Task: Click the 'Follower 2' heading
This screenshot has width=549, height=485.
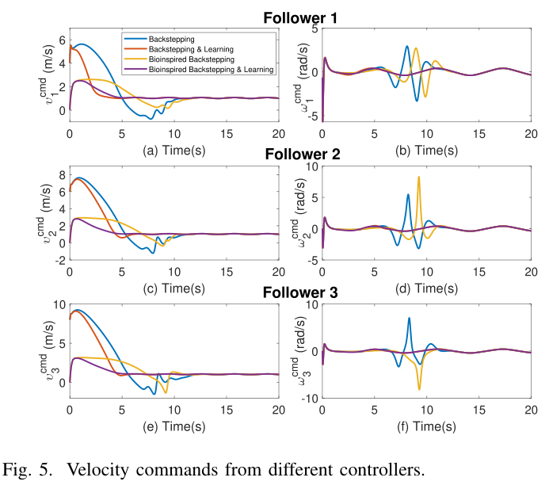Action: point(300,155)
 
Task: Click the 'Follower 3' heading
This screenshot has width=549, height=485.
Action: point(300,292)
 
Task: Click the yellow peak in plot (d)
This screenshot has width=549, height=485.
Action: point(418,178)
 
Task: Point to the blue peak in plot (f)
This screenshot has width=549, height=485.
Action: point(409,319)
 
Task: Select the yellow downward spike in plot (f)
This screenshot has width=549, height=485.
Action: point(419,389)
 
